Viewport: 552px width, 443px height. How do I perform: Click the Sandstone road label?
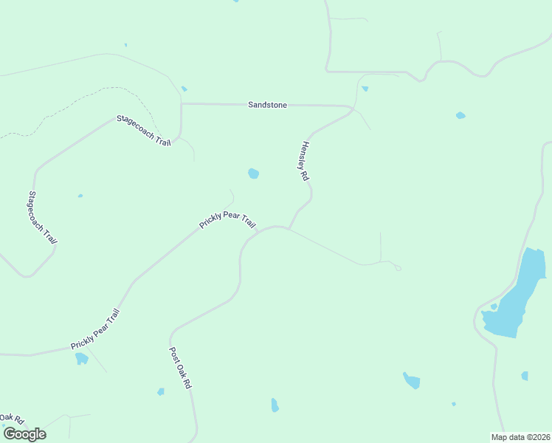267,106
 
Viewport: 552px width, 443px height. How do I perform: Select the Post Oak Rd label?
180,368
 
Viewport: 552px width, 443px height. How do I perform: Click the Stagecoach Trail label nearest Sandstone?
143,130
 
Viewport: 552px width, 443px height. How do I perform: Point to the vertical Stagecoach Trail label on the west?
42,218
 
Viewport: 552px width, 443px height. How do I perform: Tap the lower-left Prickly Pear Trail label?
94,329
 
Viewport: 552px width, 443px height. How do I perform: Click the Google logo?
24,434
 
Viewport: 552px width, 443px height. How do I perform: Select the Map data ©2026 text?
520,437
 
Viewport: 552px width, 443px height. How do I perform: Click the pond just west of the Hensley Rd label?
253,174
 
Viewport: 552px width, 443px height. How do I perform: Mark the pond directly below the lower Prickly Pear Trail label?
81,359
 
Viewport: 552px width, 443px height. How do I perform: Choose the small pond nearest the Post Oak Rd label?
160,391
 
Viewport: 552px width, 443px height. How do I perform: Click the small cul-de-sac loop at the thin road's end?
398,268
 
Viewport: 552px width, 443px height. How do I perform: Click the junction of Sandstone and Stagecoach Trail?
182,104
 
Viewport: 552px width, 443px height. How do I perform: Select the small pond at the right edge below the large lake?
525,376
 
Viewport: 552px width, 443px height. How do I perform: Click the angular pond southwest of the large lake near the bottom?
412,381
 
